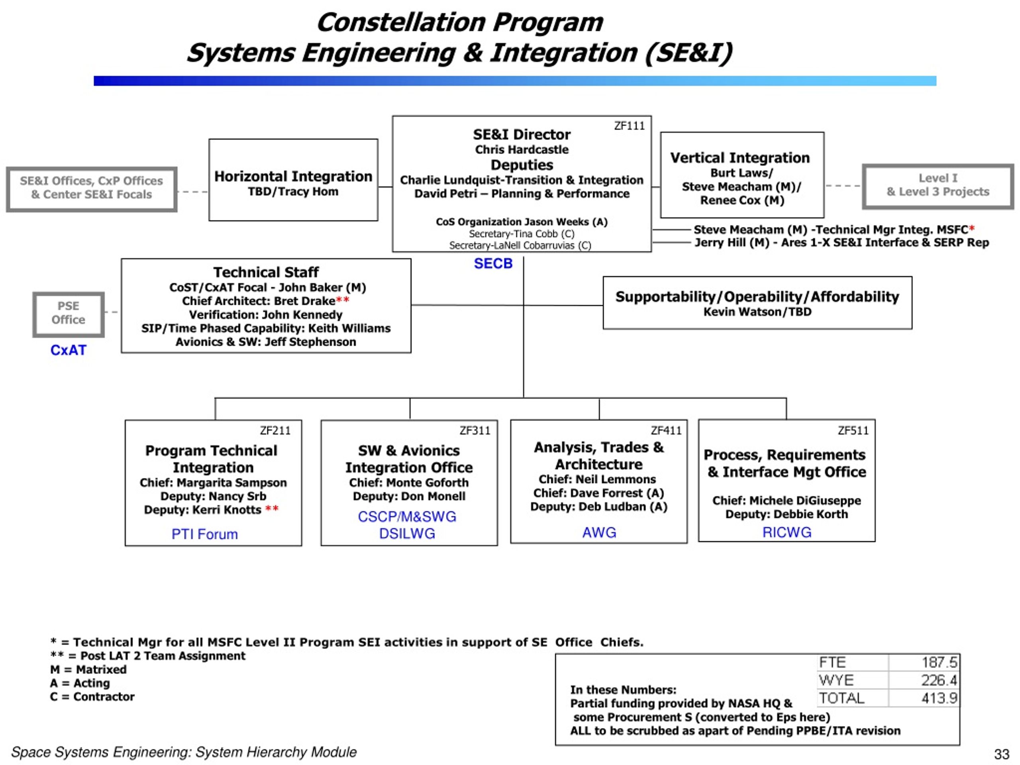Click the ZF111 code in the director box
coord(629,126)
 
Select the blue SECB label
coord(493,263)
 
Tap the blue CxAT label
coord(68,350)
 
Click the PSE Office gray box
coord(68,314)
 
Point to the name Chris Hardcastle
coord(522,149)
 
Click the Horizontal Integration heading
coord(293,176)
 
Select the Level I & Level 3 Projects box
coord(938,186)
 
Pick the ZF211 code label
coord(275,431)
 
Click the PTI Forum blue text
coord(205,534)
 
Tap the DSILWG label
coord(407,534)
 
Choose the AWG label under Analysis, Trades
coord(599,533)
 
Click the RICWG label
coord(787,533)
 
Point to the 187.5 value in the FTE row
coord(939,662)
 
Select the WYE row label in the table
coord(836,680)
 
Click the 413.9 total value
coord(939,698)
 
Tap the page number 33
coord(1002,754)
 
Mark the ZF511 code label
coord(853,431)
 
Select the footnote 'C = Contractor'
coord(92,697)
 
